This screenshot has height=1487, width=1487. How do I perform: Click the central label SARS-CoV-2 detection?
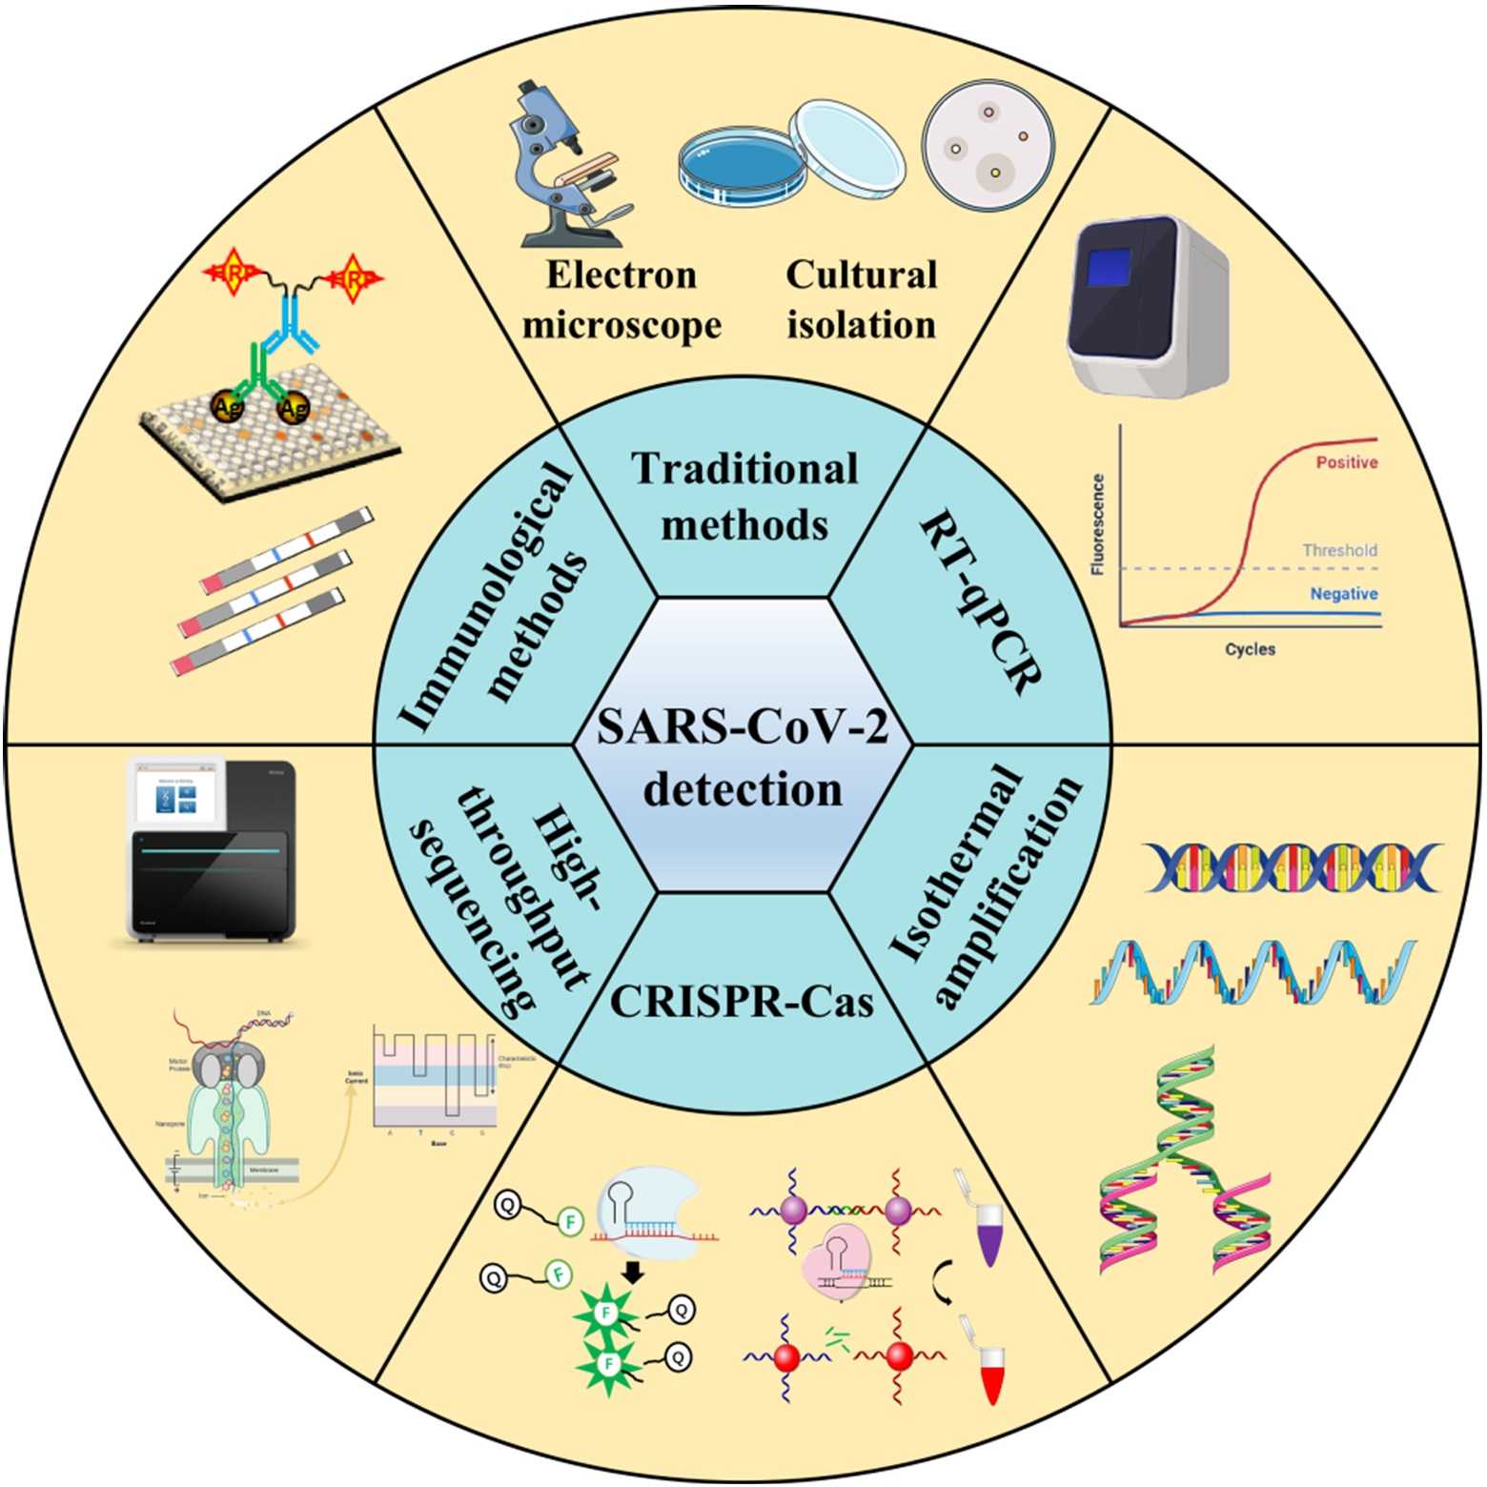pyautogui.click(x=743, y=758)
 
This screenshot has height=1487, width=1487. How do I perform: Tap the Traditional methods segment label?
pyautogui.click(x=744, y=496)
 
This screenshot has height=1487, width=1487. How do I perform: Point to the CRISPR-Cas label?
pyautogui.click(x=742, y=1001)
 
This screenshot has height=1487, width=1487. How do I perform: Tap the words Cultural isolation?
pyautogui.click(x=861, y=299)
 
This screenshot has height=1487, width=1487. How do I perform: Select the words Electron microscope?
pyautogui.click(x=621, y=299)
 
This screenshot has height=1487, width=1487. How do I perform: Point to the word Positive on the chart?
pyautogui.click(x=1346, y=462)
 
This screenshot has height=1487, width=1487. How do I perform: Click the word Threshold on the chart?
pyautogui.click(x=1339, y=550)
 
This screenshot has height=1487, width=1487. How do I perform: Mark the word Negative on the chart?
pyautogui.click(x=1343, y=594)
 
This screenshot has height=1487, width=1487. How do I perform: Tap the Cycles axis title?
pyautogui.click(x=1250, y=649)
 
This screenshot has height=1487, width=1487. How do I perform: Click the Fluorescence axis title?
pyautogui.click(x=1097, y=524)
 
